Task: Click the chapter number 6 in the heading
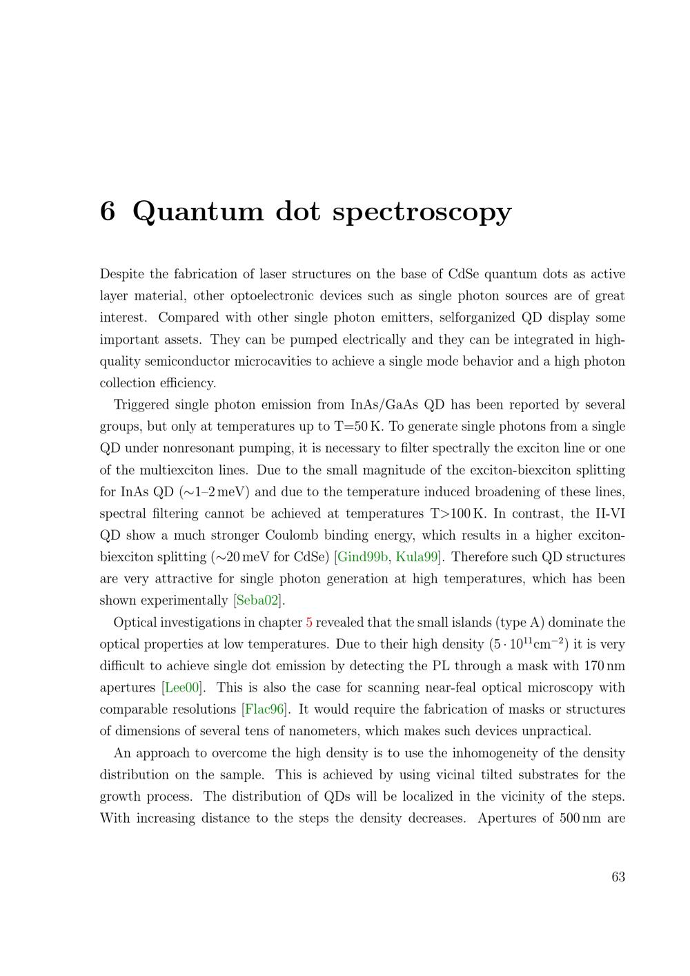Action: [x=107, y=211]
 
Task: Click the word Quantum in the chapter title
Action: [x=197, y=212]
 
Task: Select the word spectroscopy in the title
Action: [x=422, y=212]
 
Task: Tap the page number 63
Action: [x=618, y=877]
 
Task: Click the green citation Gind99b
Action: [x=363, y=557]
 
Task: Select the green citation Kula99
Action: [x=417, y=557]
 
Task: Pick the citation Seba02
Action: [x=258, y=601]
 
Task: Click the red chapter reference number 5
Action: [x=309, y=623]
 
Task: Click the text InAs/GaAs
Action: [x=382, y=404]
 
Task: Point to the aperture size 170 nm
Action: [x=604, y=666]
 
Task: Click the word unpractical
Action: [x=554, y=731]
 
